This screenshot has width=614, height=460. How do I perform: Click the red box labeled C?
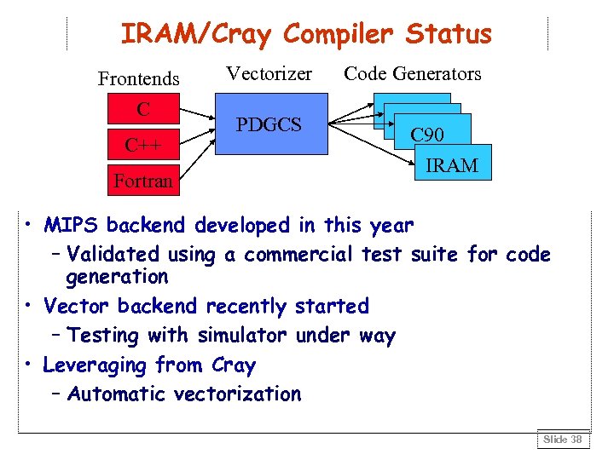(x=143, y=110)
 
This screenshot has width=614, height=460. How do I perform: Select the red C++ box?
(x=143, y=145)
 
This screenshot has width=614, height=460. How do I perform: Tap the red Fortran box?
(x=143, y=180)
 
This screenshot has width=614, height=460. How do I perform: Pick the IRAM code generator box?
(x=452, y=165)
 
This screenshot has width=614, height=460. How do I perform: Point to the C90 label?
(x=426, y=135)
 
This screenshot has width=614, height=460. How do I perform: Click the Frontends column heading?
(x=139, y=79)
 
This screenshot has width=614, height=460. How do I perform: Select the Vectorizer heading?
(x=269, y=74)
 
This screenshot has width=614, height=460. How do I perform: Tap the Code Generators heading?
(x=413, y=74)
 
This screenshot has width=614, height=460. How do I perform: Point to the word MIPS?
(x=72, y=226)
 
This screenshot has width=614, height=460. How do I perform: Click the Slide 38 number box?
(x=562, y=440)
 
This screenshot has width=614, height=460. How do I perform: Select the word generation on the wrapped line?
(x=118, y=277)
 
